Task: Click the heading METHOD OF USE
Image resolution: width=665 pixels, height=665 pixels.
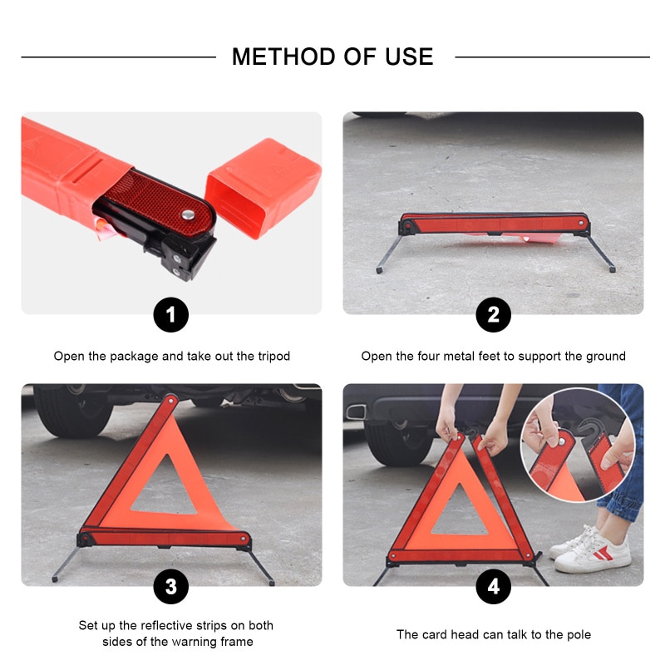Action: (x=332, y=57)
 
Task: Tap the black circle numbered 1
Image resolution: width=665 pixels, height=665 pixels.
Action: (x=171, y=315)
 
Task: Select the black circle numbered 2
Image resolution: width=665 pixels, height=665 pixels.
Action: (x=493, y=315)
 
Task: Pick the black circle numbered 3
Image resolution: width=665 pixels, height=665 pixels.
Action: (x=171, y=587)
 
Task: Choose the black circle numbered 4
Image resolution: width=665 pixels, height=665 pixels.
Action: (x=493, y=587)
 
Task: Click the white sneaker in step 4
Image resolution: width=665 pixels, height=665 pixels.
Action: (x=593, y=550)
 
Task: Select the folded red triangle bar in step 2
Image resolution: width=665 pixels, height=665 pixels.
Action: (x=494, y=224)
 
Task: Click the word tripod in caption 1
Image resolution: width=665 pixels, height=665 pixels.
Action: (x=271, y=356)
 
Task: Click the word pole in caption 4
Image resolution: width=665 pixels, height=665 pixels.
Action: (x=577, y=634)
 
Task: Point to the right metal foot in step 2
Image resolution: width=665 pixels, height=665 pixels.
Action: (x=601, y=254)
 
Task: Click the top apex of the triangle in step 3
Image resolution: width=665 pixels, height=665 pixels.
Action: (x=170, y=401)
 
